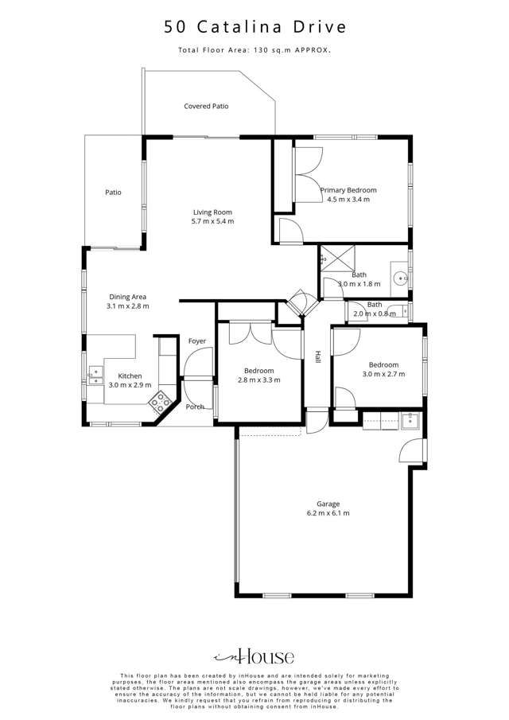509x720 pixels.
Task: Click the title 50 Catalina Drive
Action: (x=255, y=27)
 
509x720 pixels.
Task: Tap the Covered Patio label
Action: (x=206, y=106)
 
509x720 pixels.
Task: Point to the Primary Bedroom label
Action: (x=348, y=190)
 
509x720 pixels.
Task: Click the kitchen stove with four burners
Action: (x=162, y=402)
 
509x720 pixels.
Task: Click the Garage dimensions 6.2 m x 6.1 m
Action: (x=328, y=513)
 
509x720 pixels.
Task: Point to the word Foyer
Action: (x=197, y=341)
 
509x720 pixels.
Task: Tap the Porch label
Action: (x=195, y=407)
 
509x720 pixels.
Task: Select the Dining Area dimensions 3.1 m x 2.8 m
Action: (x=129, y=306)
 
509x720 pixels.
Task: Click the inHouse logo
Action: (x=254, y=656)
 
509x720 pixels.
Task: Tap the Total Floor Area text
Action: (x=254, y=50)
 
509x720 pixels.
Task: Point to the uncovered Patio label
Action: (x=114, y=192)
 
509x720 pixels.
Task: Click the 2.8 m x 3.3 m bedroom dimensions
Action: (x=259, y=380)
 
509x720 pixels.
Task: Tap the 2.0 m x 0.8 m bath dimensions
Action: (x=375, y=313)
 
